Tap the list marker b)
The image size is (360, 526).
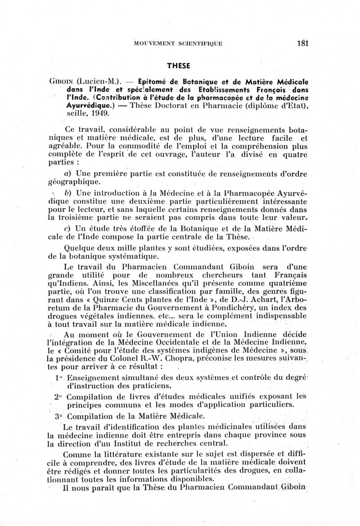click(x=69, y=192)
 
